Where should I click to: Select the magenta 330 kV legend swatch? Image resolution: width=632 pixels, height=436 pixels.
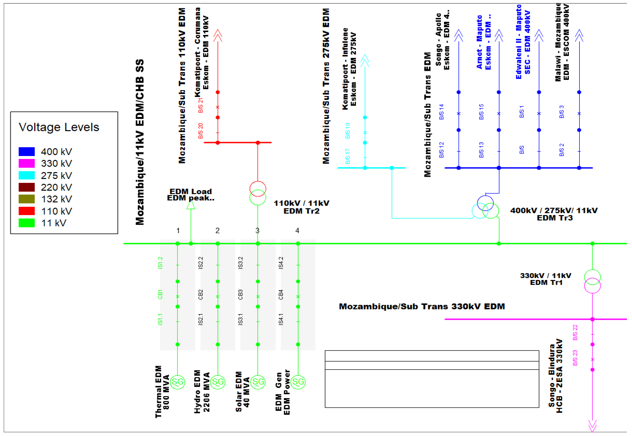click(x=27, y=163)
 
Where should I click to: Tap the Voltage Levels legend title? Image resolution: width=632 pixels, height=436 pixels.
click(x=59, y=127)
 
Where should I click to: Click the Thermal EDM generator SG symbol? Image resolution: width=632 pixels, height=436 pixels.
click(x=177, y=382)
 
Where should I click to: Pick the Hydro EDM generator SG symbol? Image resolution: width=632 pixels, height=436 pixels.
click(x=218, y=382)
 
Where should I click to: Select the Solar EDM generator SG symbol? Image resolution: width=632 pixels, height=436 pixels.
click(x=258, y=382)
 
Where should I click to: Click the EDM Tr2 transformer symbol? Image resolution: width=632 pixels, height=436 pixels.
click(x=258, y=193)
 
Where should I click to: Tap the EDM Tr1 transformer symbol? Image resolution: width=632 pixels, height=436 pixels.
click(x=592, y=281)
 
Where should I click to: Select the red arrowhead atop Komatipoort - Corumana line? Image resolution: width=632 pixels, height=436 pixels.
click(x=218, y=35)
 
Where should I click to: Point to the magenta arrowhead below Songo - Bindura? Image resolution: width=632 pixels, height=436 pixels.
click(x=592, y=426)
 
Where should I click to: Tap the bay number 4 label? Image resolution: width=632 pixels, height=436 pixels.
click(x=297, y=231)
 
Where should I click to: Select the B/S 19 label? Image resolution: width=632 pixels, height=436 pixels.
click(x=347, y=131)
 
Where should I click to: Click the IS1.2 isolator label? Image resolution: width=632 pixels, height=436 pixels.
click(x=160, y=263)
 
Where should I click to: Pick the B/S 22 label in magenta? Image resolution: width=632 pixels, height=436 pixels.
click(x=575, y=333)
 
